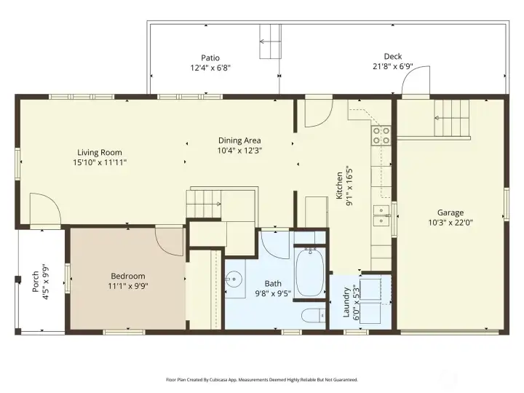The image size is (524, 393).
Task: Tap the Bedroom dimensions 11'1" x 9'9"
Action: (127, 287)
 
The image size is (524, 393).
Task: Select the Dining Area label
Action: (239, 140)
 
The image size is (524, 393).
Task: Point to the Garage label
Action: (450, 213)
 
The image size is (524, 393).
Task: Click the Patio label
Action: (210, 57)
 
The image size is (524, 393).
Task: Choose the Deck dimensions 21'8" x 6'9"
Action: (393, 67)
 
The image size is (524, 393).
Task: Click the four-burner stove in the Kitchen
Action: (381, 135)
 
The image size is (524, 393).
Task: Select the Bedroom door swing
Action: (170, 240)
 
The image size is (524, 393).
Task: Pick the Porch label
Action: (39, 278)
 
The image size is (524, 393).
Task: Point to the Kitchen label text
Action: (344, 189)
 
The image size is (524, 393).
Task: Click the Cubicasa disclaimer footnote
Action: (261, 379)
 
